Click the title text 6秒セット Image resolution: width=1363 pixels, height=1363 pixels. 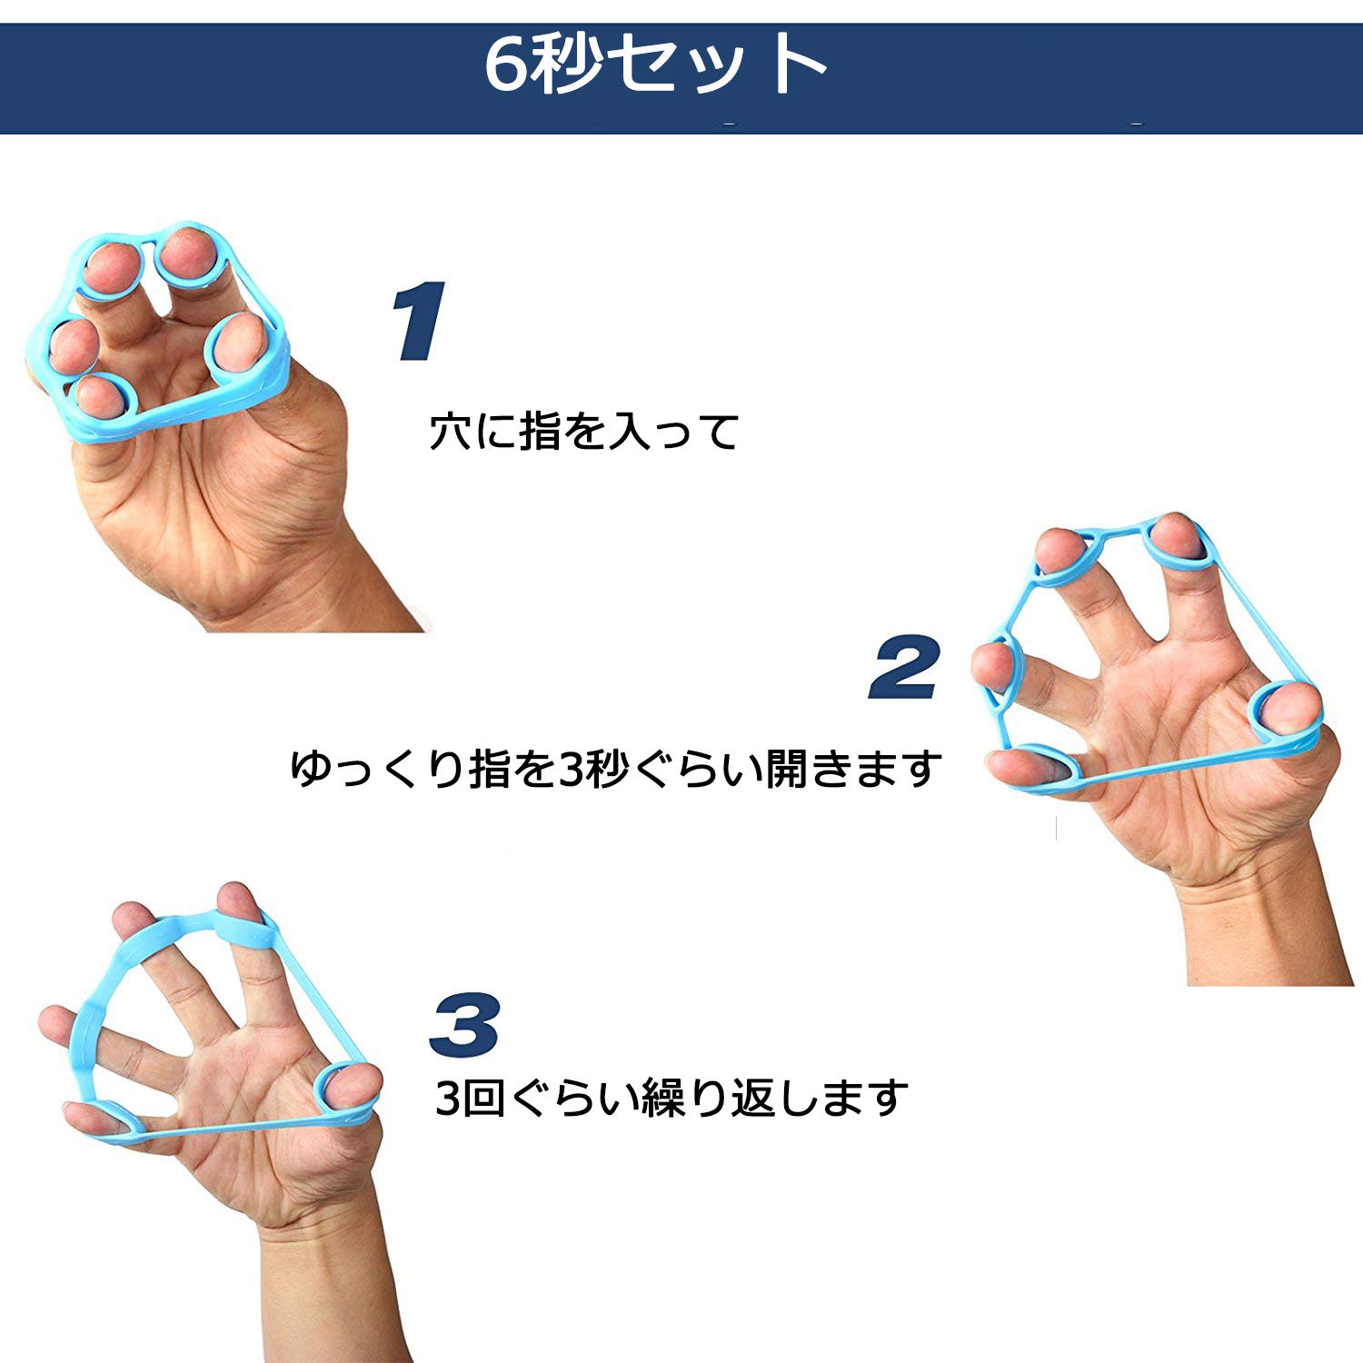pos(654,65)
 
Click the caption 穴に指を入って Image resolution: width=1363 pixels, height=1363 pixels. pos(584,432)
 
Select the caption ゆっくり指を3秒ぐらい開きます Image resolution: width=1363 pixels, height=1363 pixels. pos(615,769)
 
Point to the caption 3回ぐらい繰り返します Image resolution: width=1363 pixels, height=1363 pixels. pos(672,1098)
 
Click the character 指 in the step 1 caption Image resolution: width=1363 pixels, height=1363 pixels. pos(540,432)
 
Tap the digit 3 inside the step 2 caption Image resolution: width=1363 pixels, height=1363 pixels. pos(570,770)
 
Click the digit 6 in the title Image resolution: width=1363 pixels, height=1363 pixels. pos(506,65)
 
